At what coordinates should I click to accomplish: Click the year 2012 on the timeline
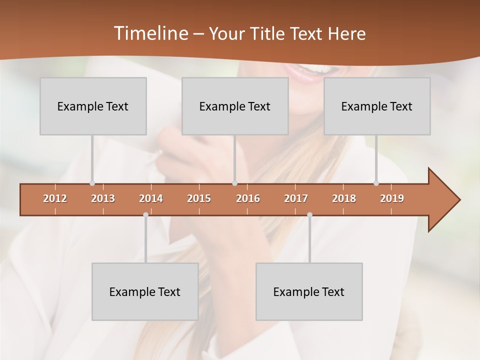click(55, 198)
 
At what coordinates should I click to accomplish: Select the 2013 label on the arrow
click(103, 198)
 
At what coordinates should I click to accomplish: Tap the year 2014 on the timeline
click(151, 198)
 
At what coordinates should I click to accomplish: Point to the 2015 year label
click(199, 198)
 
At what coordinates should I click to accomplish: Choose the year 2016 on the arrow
click(248, 198)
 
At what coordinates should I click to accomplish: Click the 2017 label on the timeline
click(296, 198)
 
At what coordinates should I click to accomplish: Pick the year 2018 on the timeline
click(344, 198)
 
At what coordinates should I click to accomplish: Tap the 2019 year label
click(392, 198)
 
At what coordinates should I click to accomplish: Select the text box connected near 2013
click(93, 106)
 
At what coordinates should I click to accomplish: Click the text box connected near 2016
click(235, 106)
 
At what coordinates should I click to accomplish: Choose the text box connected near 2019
click(377, 106)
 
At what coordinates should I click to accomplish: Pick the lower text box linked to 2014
click(145, 291)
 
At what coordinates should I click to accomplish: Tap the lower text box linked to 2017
click(309, 291)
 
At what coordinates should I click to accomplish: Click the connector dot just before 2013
click(92, 183)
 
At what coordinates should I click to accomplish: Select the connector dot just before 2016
click(234, 183)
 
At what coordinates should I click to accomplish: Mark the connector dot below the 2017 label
click(309, 215)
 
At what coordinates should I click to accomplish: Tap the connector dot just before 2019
click(376, 183)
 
